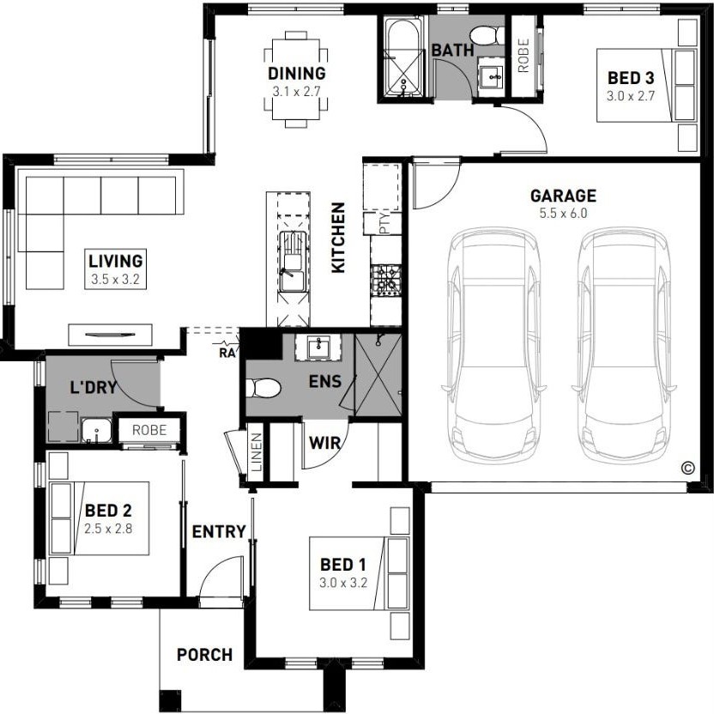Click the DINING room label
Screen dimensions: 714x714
point(296,73)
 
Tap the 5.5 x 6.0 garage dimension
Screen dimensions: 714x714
point(563,213)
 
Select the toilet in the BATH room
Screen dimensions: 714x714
point(487,36)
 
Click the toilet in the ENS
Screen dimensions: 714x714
point(263,389)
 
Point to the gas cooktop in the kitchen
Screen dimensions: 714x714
point(385,281)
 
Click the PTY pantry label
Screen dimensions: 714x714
point(384,223)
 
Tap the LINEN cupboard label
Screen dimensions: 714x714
point(257,451)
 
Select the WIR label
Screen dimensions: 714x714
point(324,443)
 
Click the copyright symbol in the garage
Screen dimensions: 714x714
point(688,468)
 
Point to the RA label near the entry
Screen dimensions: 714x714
point(227,353)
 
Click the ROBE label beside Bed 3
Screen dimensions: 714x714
point(523,56)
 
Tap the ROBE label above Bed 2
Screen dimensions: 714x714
point(149,430)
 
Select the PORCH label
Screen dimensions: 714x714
point(204,655)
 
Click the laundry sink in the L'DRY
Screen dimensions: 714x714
point(96,430)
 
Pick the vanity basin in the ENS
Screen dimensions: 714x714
point(318,348)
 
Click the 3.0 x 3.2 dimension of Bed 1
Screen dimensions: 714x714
point(343,583)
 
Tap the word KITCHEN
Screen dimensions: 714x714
point(338,239)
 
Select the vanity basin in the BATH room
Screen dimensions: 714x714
point(491,78)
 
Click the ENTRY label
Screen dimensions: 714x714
point(219,531)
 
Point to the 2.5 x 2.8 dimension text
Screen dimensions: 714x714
point(108,529)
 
